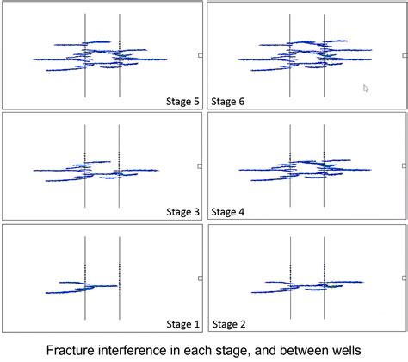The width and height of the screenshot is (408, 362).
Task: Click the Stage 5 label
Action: tap(182, 102)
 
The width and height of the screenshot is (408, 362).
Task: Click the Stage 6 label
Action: tap(228, 102)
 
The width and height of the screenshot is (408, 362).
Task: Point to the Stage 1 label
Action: tap(182, 324)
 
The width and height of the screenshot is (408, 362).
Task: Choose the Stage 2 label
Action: tap(228, 324)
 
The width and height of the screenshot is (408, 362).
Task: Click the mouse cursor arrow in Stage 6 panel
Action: tap(366, 88)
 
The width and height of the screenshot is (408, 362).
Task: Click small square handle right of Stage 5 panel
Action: tap(201, 55)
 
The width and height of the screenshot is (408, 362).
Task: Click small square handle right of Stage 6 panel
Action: tap(405, 55)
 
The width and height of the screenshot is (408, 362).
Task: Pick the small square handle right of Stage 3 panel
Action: tap(201, 165)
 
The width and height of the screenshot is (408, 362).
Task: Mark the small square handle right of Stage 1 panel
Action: tap(201, 278)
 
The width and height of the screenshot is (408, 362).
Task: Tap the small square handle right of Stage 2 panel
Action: tap(405, 278)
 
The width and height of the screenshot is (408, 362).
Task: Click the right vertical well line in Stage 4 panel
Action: tap(324, 194)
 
